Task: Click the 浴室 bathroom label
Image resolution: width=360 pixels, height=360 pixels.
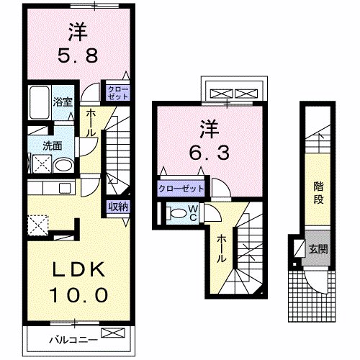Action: click(63, 102)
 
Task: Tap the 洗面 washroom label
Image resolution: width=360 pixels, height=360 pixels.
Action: click(51, 145)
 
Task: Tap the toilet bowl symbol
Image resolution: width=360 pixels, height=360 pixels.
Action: click(175, 213)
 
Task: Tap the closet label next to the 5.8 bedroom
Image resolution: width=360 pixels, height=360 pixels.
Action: click(117, 93)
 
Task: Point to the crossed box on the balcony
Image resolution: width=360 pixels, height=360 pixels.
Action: click(113, 333)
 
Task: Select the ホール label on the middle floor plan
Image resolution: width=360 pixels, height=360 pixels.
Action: click(222, 248)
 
